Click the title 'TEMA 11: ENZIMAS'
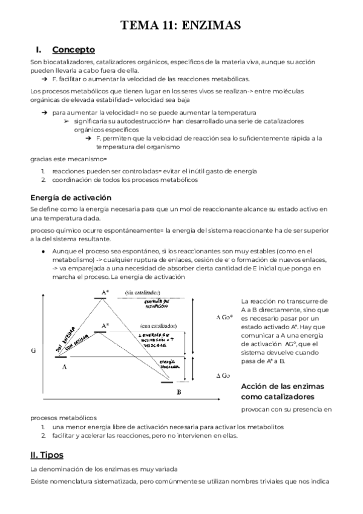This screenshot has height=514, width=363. pyautogui.click(x=181, y=25)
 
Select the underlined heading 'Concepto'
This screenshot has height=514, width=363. pyautogui.click(x=73, y=50)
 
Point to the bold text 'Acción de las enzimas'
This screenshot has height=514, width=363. pyautogui.click(x=283, y=386)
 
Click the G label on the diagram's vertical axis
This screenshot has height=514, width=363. pyautogui.click(x=33, y=351)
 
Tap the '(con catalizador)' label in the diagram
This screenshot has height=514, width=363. pyautogui.click(x=157, y=325)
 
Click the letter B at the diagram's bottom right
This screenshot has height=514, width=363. pyautogui.click(x=178, y=392)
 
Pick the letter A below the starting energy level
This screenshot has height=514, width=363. pyautogui.click(x=64, y=367)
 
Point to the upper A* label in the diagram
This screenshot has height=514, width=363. pyautogui.click(x=105, y=293)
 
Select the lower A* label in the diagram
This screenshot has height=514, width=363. pyautogui.click(x=105, y=325)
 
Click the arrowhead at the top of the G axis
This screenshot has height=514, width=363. pyautogui.click(x=42, y=295)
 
